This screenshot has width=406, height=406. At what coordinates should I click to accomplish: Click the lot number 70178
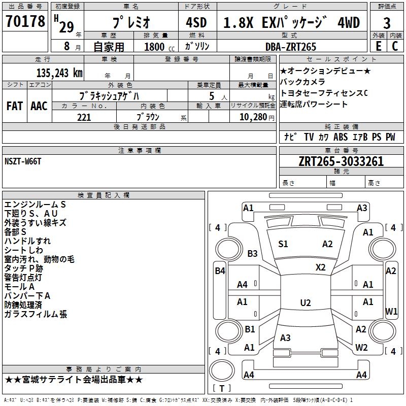click(x=25, y=23)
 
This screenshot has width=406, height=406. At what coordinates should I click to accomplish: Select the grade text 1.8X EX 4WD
click(x=291, y=23)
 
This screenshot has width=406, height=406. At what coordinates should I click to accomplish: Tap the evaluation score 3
click(x=387, y=23)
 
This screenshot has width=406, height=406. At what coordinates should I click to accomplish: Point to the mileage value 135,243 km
click(x=59, y=73)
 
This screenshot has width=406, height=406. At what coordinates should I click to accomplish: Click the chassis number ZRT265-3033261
click(x=341, y=162)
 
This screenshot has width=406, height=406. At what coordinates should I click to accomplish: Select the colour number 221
click(x=84, y=117)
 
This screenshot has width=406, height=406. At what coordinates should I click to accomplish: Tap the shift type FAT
click(x=14, y=106)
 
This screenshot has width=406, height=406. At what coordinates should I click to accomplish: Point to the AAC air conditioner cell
click(x=39, y=106)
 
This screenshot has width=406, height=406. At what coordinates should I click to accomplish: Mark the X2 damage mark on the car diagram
click(x=320, y=267)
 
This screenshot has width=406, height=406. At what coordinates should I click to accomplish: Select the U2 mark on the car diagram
click(x=305, y=303)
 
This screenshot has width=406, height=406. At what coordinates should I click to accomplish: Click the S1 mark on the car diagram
click(x=283, y=244)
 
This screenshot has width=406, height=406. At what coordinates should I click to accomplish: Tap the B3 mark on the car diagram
click(x=252, y=253)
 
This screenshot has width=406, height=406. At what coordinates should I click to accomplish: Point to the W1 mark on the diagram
click(x=391, y=311)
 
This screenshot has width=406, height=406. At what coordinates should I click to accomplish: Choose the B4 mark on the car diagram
click(x=220, y=271)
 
